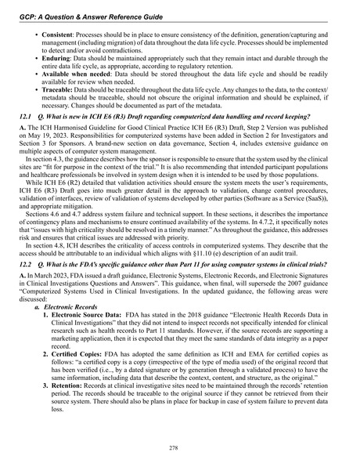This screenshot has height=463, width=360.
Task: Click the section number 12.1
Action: click(x=28, y=138)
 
